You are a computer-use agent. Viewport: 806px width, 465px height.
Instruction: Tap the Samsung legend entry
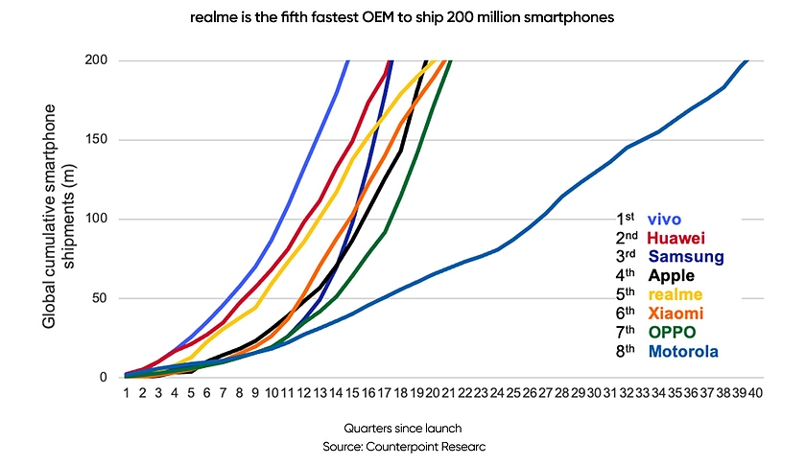(x=685, y=257)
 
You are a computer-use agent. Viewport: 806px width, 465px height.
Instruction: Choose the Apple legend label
(x=673, y=276)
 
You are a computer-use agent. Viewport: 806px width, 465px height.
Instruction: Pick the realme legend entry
(x=675, y=295)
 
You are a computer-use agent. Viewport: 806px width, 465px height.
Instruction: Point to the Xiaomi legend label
(x=676, y=314)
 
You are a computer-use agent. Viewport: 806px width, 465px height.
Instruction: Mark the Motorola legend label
(x=683, y=352)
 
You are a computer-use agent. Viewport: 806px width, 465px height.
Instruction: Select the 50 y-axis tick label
(x=99, y=298)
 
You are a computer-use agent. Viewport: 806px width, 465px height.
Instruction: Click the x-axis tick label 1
(x=126, y=392)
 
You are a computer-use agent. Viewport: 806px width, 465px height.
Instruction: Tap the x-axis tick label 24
(x=497, y=392)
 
